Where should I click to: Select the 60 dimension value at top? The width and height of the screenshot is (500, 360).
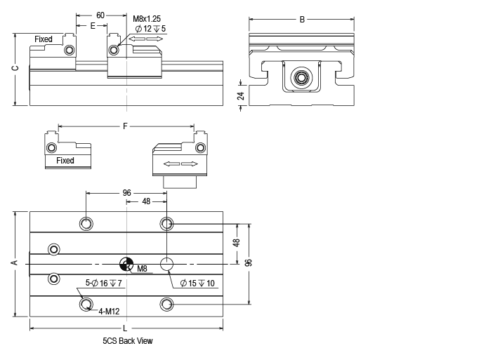point(100,15)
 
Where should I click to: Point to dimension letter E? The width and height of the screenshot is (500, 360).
point(93,25)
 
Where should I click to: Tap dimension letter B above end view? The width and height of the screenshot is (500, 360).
point(302,20)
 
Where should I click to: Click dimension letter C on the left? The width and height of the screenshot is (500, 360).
point(15,69)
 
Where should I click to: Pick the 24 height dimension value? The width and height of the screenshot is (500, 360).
point(240,96)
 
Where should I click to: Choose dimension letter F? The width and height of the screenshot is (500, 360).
point(126,126)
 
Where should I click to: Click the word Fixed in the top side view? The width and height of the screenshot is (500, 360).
point(44,39)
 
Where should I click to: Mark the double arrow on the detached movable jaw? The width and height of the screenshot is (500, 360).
point(180,164)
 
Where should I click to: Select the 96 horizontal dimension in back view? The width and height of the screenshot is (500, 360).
point(126,192)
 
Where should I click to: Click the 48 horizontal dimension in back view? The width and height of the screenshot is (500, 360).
point(146,201)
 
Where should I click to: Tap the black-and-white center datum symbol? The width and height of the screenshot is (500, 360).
point(126,264)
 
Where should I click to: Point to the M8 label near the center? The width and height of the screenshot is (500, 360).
point(142,269)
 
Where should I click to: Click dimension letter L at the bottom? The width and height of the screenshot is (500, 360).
point(125,328)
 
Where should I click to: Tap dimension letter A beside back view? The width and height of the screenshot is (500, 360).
point(14,263)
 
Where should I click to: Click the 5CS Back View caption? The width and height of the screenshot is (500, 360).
point(127,341)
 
